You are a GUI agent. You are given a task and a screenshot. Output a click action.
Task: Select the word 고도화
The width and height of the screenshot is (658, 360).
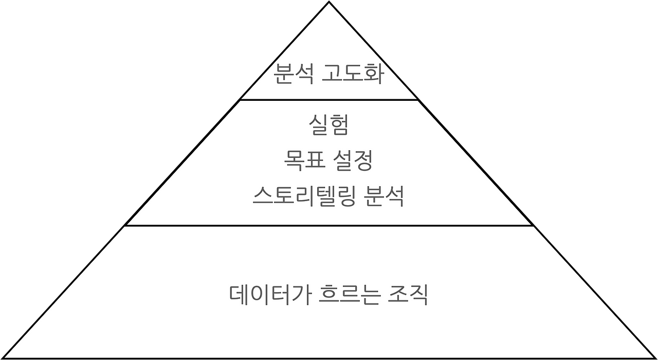[353, 76]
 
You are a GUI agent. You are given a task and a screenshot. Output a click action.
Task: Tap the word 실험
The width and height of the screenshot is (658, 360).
[329, 125]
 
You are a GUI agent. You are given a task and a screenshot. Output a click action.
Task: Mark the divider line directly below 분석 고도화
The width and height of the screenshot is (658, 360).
[329, 100]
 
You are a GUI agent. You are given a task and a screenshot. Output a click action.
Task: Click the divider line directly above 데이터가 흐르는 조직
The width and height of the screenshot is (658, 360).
[329, 225]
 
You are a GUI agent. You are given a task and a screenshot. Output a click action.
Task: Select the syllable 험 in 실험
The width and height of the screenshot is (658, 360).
[339, 125]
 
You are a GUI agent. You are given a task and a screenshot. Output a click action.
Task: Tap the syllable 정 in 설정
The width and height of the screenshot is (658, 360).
[363, 161]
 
